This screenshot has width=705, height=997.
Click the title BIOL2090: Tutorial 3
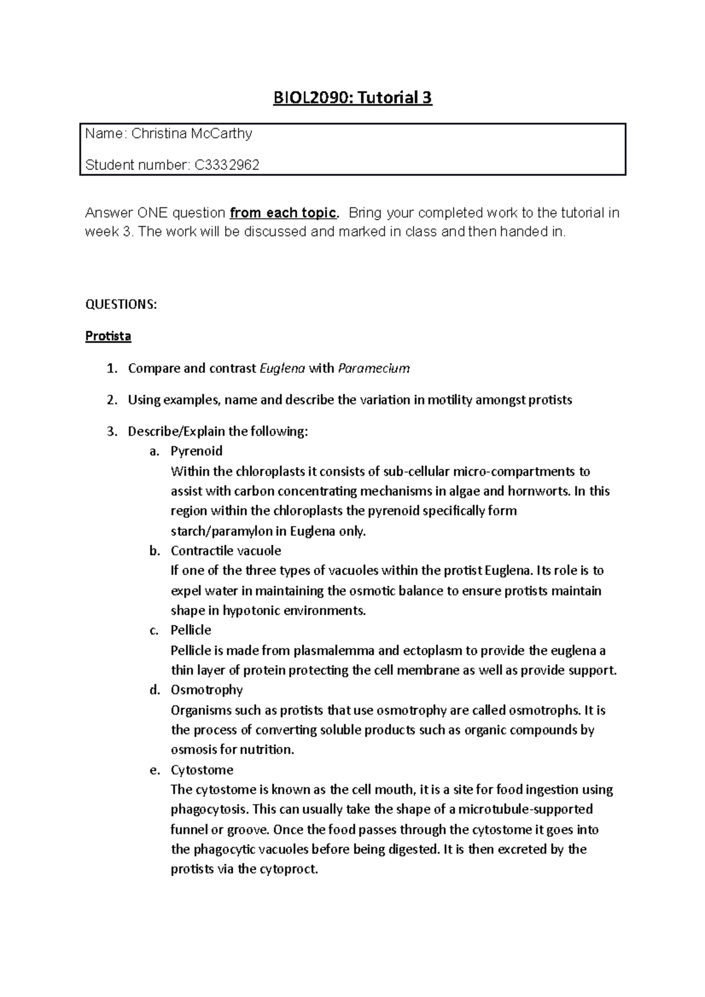pyautogui.click(x=352, y=97)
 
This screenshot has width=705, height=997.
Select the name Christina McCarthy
pyautogui.click(x=192, y=134)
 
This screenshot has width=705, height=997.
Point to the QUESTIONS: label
pyautogui.click(x=121, y=304)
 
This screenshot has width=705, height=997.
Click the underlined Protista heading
pyautogui.click(x=108, y=336)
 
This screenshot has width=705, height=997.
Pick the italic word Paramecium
pyautogui.click(x=372, y=369)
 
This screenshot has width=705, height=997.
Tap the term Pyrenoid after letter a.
pyautogui.click(x=196, y=452)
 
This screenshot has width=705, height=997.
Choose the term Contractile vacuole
pyautogui.click(x=226, y=551)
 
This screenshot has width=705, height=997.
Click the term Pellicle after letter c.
pyautogui.click(x=190, y=630)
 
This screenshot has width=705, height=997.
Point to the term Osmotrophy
pyautogui.click(x=206, y=690)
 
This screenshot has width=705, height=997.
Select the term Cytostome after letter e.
pyautogui.click(x=202, y=770)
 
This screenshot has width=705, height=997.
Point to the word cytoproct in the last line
pyautogui.click(x=293, y=870)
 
